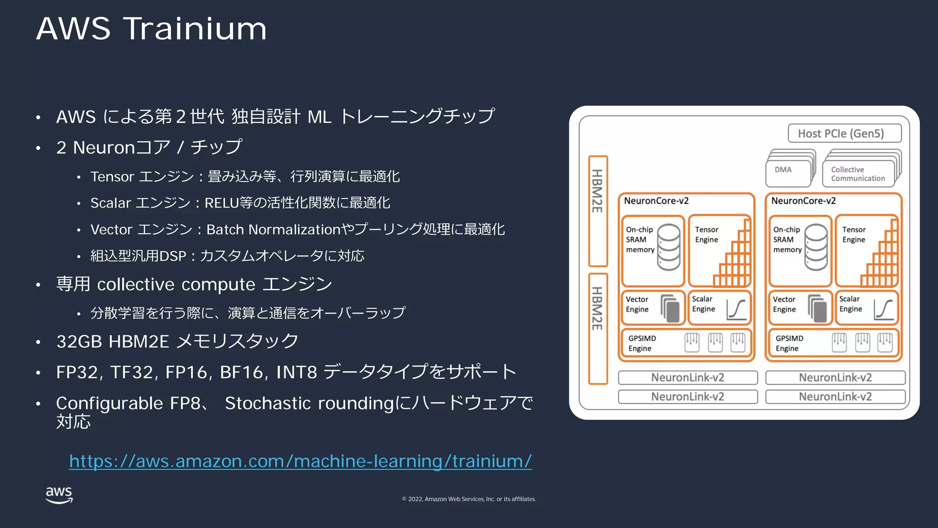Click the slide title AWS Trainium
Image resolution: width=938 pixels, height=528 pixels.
(151, 28)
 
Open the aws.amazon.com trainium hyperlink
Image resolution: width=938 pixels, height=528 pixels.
(300, 461)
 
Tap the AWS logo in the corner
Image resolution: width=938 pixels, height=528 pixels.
(59, 495)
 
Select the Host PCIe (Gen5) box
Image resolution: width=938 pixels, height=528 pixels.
(844, 133)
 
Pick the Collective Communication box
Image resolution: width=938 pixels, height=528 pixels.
(858, 174)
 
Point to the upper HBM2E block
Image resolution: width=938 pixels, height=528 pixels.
(598, 211)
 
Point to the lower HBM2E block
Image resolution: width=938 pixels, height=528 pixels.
(598, 328)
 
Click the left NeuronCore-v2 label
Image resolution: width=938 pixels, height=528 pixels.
(656, 201)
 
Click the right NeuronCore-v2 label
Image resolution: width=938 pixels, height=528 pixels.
(803, 201)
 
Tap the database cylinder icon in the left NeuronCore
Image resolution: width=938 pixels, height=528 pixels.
(669, 247)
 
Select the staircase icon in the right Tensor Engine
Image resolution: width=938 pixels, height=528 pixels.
(879, 257)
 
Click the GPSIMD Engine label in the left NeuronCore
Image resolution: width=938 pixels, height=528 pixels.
(642, 343)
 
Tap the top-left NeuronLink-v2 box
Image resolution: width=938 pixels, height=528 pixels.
(687, 378)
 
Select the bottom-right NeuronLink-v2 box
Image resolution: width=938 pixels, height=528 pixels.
(835, 396)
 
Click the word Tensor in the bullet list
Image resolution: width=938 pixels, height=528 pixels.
(112, 176)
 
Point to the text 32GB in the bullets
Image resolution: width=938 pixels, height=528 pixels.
(79, 341)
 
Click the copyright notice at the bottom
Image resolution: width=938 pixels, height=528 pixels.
(469, 499)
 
